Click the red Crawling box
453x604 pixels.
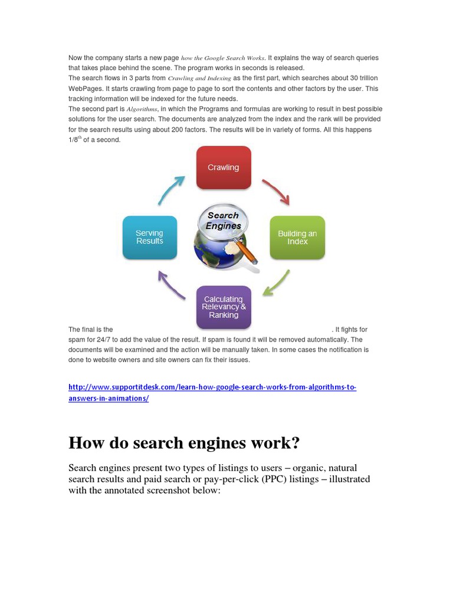pos(224,168)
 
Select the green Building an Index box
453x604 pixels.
pos(297,237)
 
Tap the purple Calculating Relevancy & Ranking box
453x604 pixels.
pos(224,307)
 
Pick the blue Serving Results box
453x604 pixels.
pos(149,237)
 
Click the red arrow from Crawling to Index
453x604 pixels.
pos(276,191)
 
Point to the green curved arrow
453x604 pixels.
pos(276,283)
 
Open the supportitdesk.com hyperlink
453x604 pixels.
pos(212,392)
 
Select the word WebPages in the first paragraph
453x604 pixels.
pos(83,88)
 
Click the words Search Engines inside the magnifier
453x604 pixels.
pos(224,220)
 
